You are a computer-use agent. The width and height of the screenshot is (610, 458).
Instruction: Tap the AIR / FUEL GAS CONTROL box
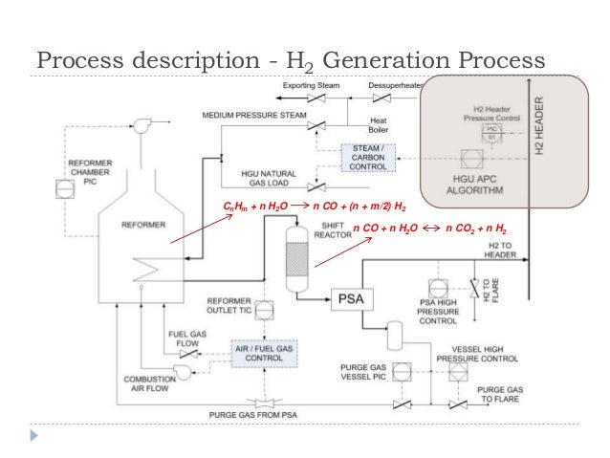pos(263,355)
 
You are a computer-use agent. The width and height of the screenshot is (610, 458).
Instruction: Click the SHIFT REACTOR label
pos(331,221)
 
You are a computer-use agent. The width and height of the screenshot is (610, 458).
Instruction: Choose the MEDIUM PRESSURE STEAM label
pos(253,115)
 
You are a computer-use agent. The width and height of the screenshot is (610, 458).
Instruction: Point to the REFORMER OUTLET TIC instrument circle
pos(264,308)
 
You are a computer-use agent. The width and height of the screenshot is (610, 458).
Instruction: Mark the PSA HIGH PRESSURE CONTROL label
pos(440,311)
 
